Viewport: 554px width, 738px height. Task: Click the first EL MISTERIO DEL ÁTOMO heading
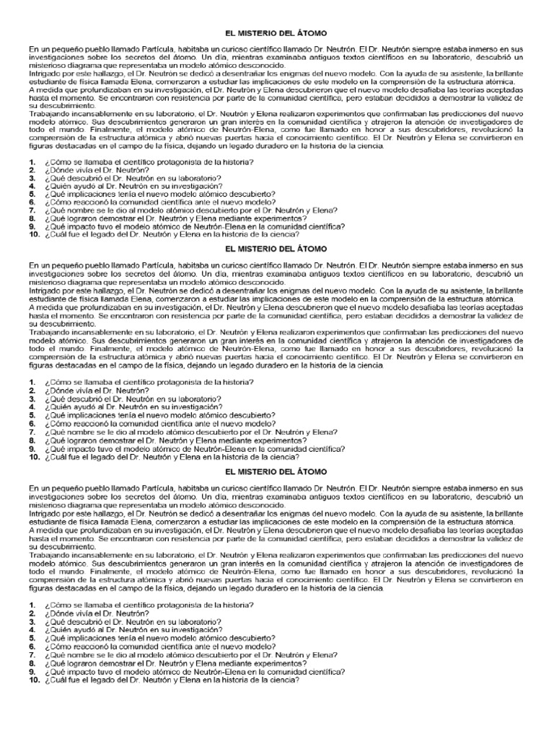coord(276,33)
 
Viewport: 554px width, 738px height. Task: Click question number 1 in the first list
coord(32,161)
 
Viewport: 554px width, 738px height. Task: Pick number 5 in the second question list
coord(32,415)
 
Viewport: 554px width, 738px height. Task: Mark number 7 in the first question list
coord(32,210)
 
